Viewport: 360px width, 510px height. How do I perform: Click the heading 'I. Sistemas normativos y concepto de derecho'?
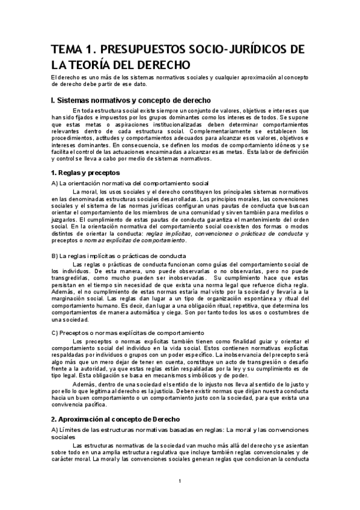(x=130, y=100)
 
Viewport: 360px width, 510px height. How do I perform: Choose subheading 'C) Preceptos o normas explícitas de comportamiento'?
(x=128, y=333)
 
